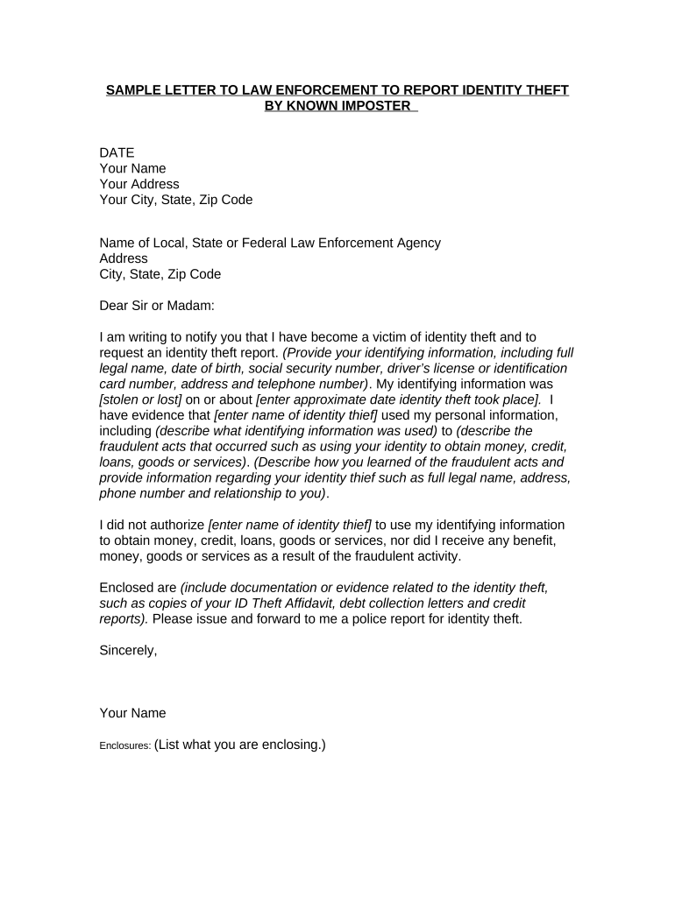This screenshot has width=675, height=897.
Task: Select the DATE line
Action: [117, 152]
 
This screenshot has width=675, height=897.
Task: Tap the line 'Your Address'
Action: [139, 184]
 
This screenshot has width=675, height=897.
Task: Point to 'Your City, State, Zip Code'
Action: [176, 200]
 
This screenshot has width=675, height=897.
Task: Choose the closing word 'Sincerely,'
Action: [129, 650]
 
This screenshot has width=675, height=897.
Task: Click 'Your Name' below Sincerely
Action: [133, 713]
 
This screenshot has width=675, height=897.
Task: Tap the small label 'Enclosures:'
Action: [125, 746]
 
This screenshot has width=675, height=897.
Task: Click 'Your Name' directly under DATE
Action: [133, 168]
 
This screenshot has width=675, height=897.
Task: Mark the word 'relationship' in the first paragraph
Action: [242, 493]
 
